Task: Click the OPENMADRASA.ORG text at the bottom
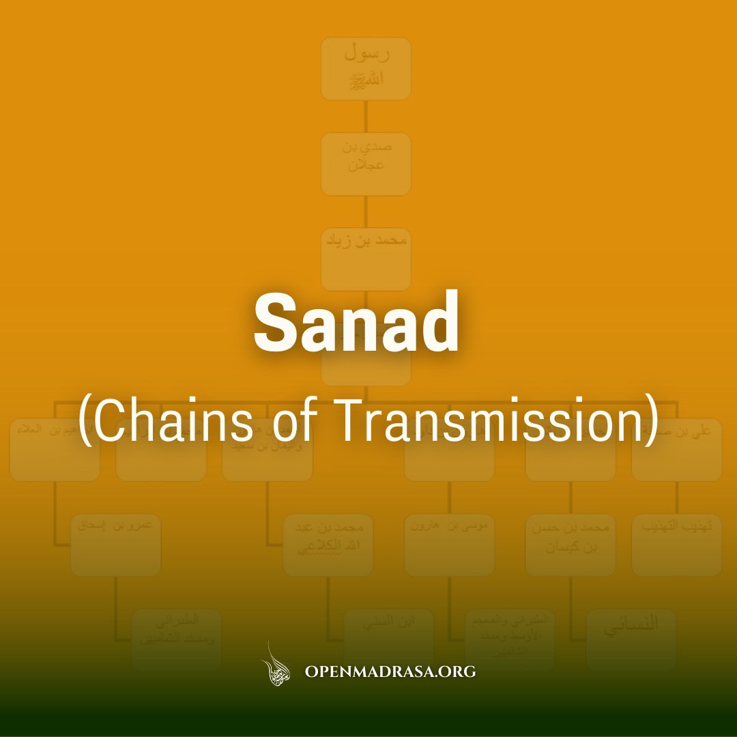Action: [x=390, y=671]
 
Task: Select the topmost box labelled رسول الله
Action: [x=366, y=69]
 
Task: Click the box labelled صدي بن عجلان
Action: [x=366, y=164]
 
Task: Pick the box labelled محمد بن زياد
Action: [x=366, y=259]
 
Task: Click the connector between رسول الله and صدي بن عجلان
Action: [x=366, y=117]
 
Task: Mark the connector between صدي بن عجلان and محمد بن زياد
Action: [x=366, y=212]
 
